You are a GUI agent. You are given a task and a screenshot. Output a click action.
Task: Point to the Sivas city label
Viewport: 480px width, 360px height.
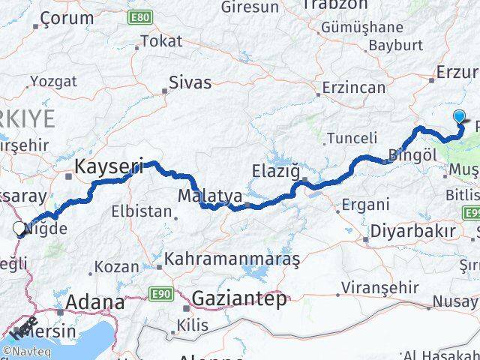click(190, 82)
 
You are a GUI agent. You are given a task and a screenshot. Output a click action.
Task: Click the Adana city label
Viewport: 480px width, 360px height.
click(95, 302)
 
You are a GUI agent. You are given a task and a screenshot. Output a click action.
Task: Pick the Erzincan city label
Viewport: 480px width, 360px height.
click(353, 88)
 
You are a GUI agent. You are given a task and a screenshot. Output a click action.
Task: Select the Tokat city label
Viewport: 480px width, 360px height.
click(161, 41)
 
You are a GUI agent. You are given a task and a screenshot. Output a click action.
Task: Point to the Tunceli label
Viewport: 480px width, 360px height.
click(352, 137)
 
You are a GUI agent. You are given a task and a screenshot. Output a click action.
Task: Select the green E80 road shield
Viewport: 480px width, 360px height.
click(137, 16)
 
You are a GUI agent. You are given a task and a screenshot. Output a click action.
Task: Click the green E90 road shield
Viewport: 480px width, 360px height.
click(159, 293)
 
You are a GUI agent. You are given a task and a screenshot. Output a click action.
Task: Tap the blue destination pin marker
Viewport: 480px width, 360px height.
click(460, 116)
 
